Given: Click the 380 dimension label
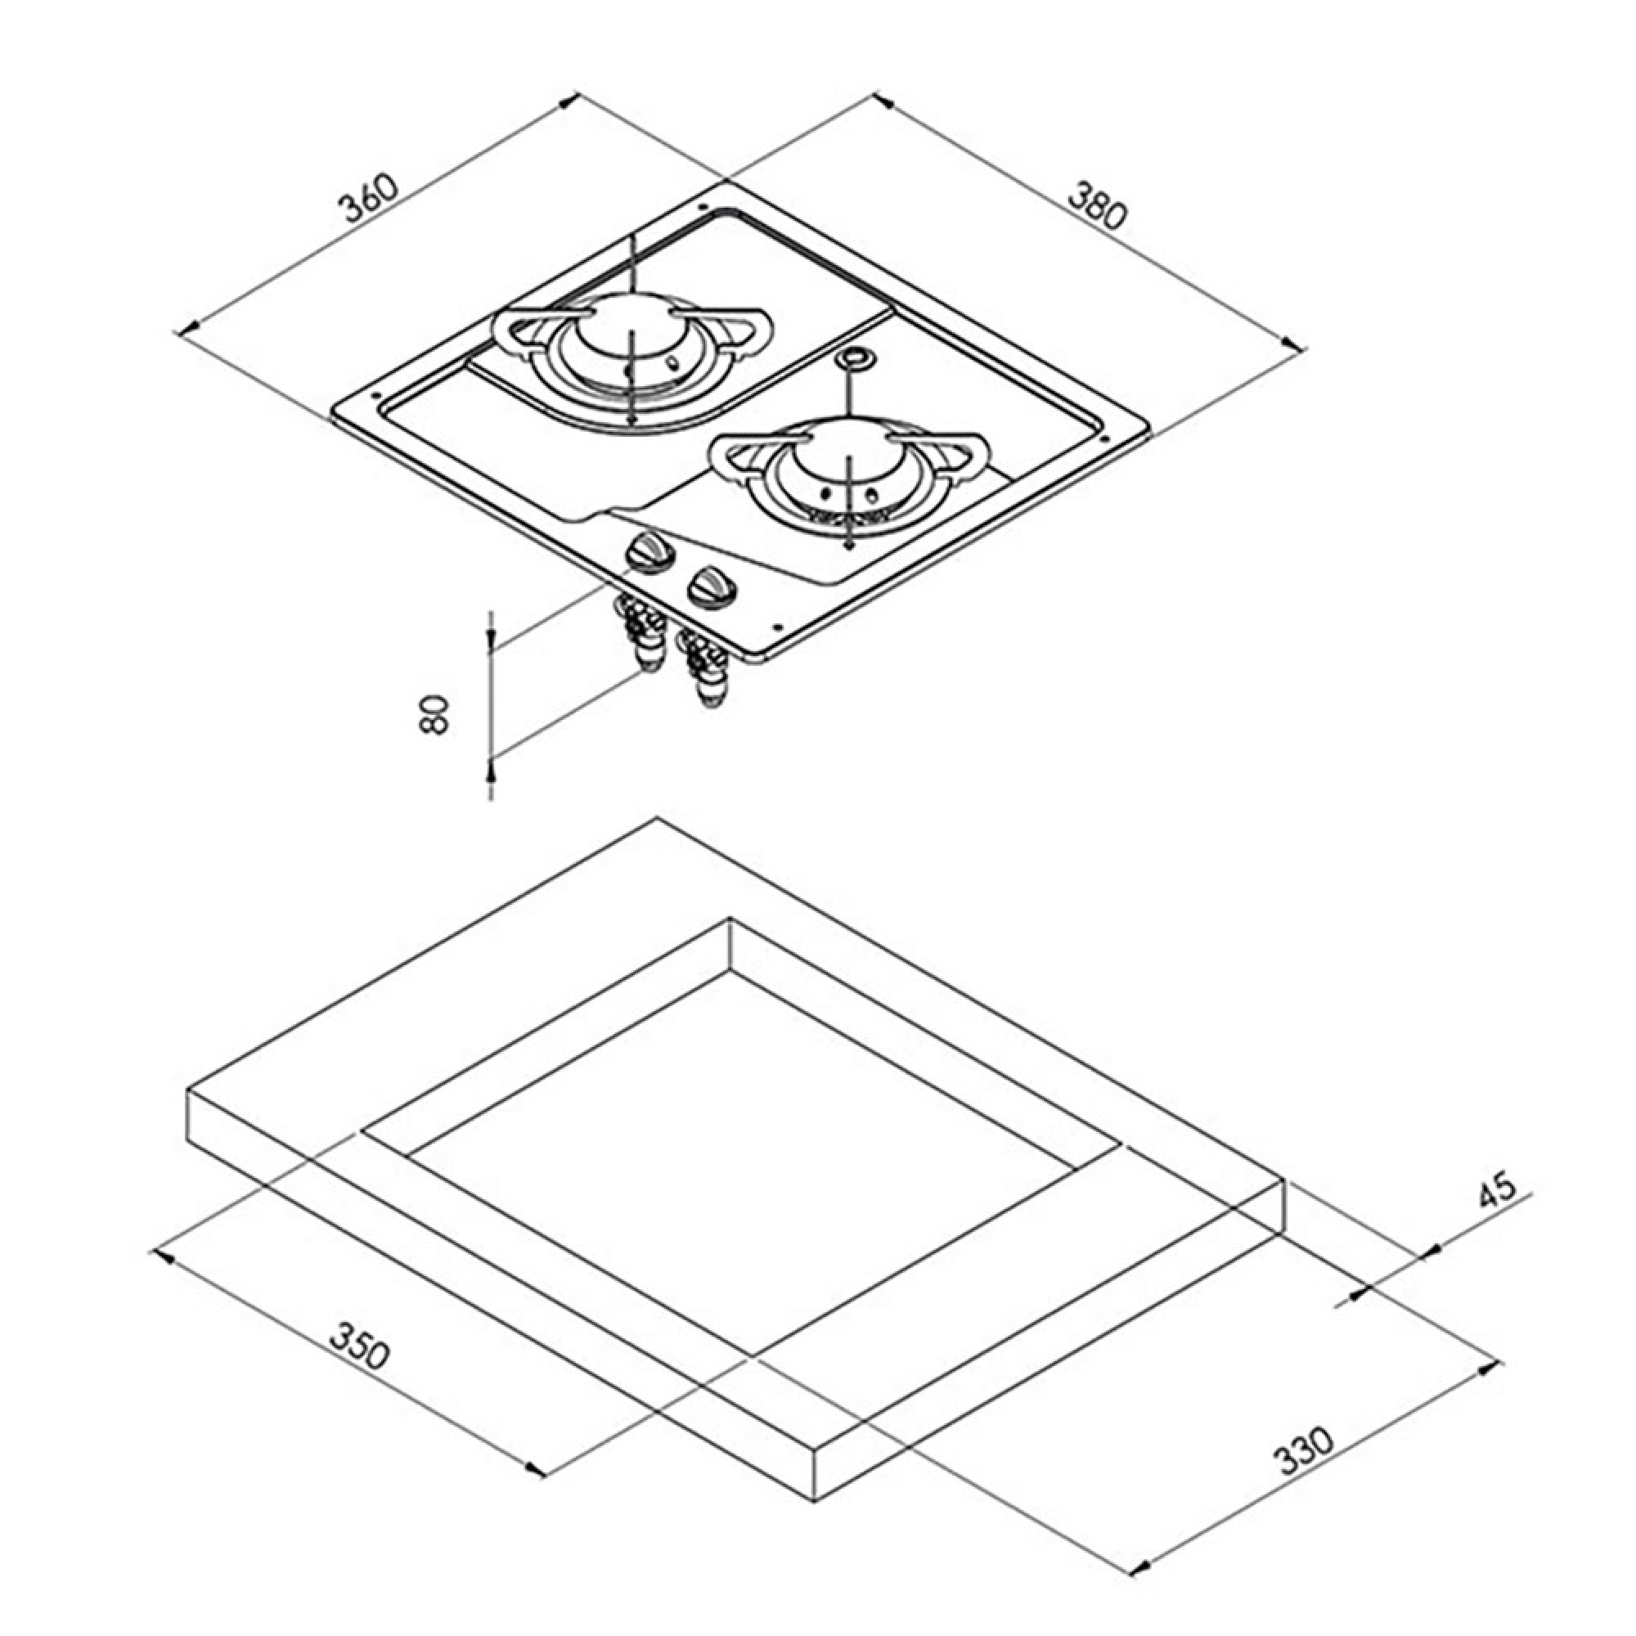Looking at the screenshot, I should coord(1098,204).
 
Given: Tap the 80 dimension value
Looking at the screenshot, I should coord(433,713).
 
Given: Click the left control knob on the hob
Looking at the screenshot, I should coord(649,555).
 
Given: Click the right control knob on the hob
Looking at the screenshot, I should coord(712,587).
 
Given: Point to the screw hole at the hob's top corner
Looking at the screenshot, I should coord(703,206).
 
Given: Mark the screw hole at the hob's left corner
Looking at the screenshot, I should coord(375,394).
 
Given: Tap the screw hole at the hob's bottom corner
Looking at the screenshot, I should coord(777,627).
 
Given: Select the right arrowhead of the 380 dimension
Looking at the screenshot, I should coord(1294,344).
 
